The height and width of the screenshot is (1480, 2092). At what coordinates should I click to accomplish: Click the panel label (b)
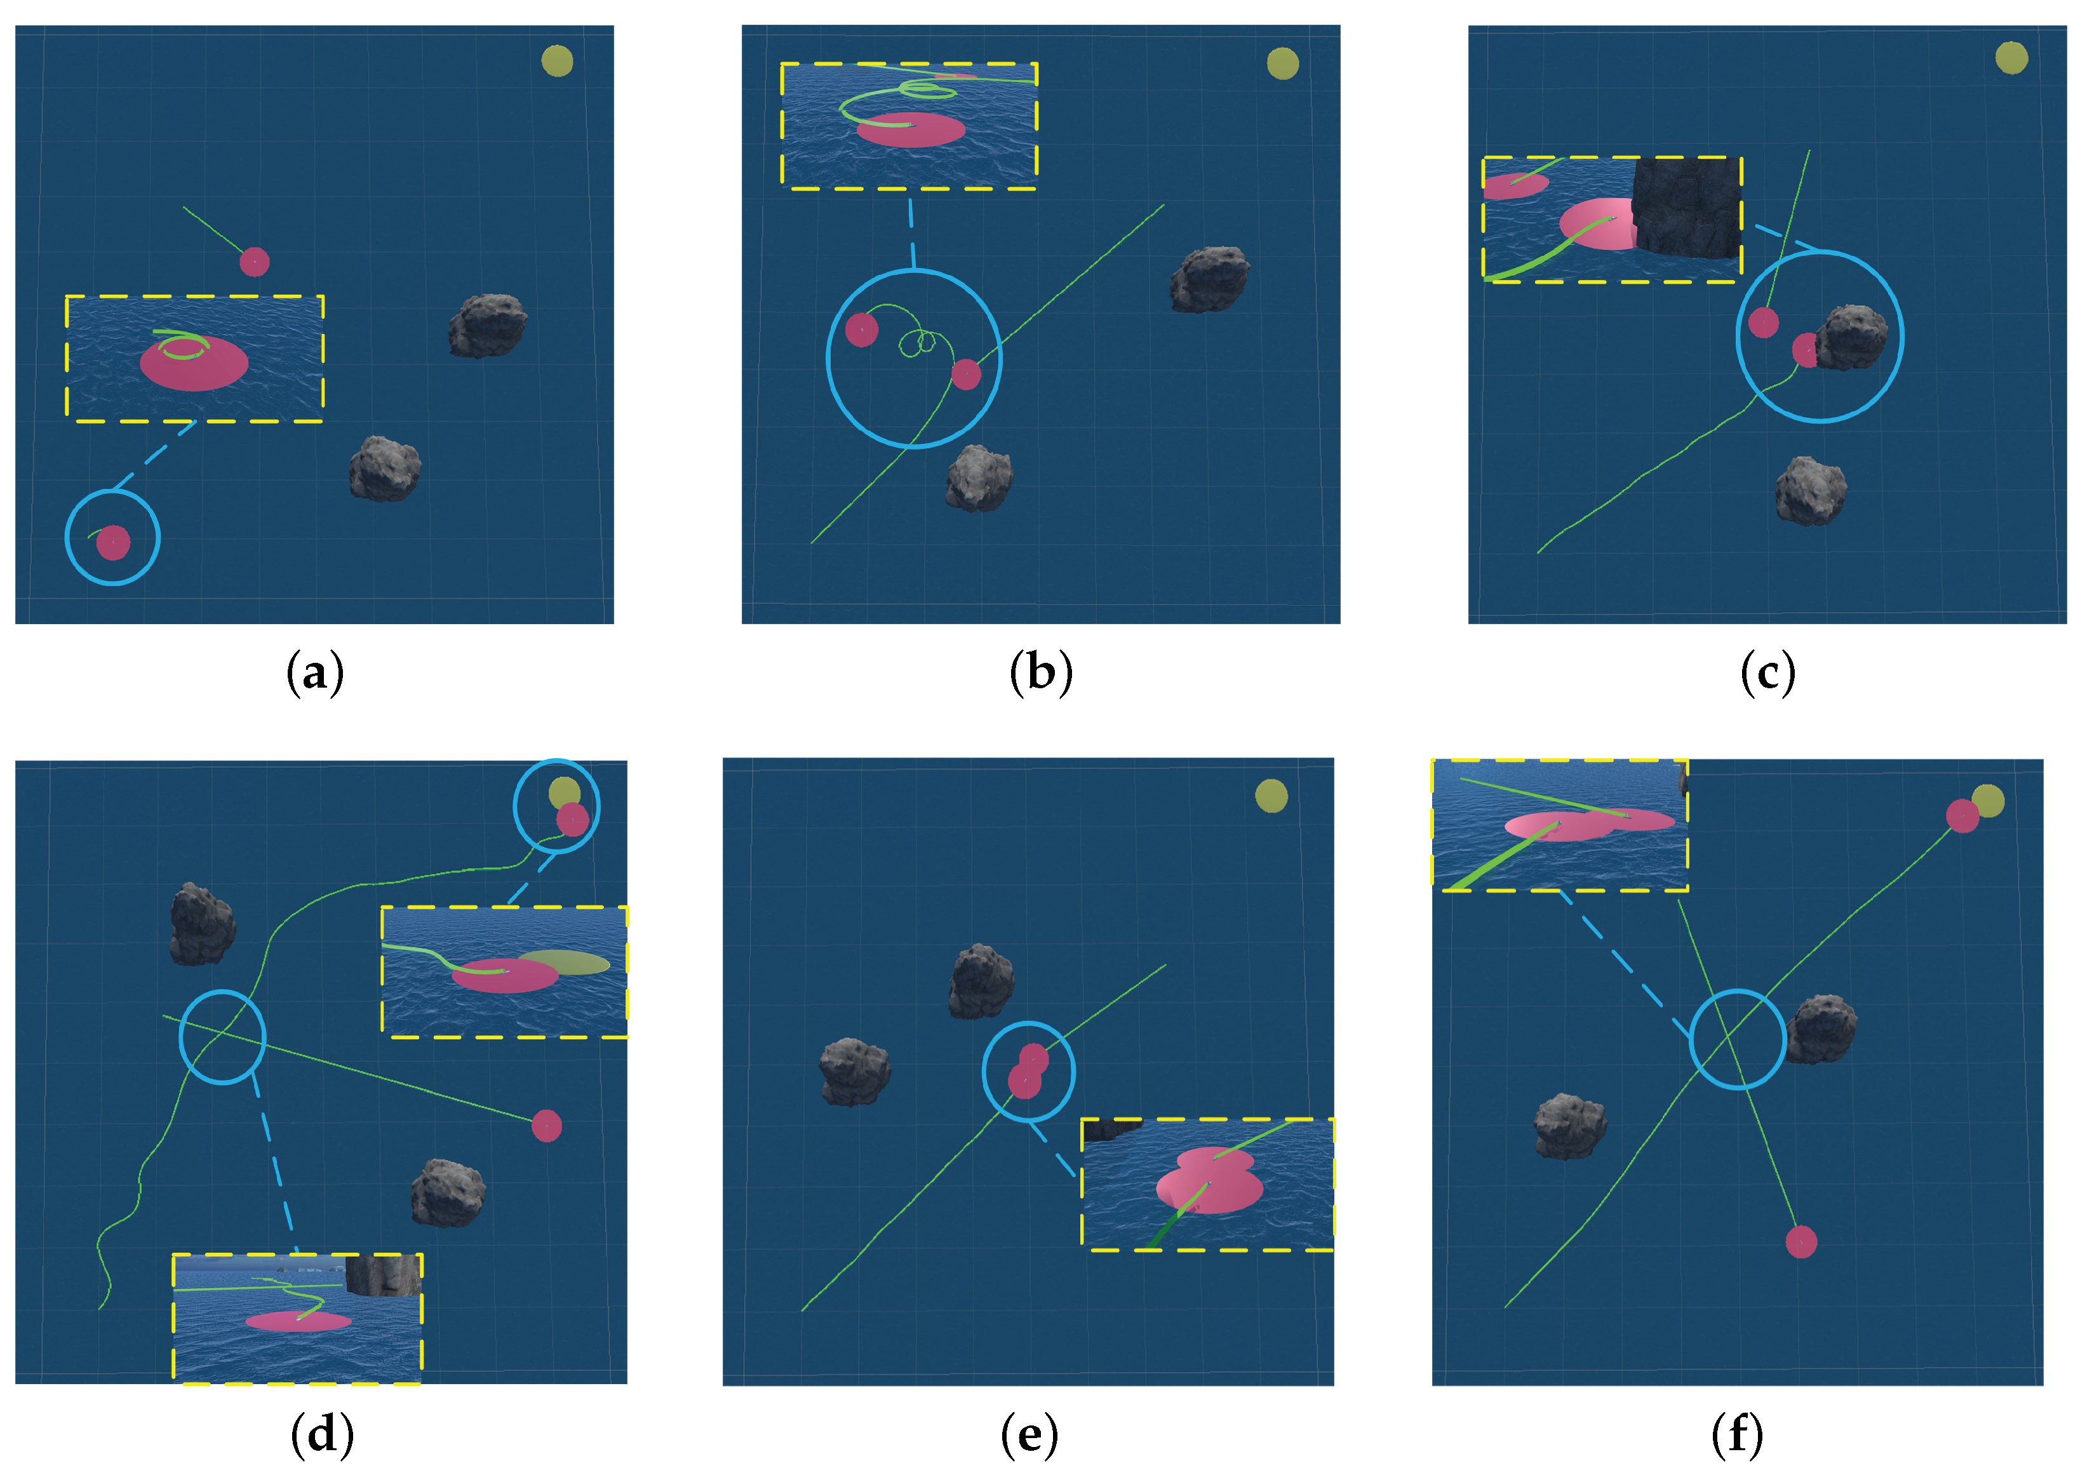[x=1041, y=674]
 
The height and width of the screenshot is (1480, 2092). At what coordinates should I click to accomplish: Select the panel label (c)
[x=1767, y=674]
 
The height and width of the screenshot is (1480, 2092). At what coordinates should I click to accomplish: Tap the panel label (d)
[x=322, y=1436]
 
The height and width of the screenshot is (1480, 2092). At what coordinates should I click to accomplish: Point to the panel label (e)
[x=1029, y=1436]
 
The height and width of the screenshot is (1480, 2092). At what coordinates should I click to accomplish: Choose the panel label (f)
[x=1738, y=1436]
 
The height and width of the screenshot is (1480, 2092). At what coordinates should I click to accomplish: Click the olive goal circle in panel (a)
[x=557, y=61]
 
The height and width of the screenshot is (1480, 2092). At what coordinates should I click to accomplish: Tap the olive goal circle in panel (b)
[x=1282, y=63]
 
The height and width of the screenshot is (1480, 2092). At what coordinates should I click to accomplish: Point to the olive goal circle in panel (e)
[x=1271, y=796]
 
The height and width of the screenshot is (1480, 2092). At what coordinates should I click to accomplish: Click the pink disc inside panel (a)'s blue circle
[x=113, y=542]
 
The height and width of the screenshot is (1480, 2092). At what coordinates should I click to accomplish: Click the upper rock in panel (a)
[x=486, y=325]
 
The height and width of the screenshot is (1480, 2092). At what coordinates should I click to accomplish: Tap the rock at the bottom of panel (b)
[x=979, y=477]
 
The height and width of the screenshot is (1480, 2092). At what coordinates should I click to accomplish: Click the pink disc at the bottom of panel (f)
[x=1801, y=1242]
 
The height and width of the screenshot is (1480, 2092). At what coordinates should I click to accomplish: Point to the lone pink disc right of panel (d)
[x=546, y=1126]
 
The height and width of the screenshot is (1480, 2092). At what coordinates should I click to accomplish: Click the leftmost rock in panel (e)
[x=854, y=1071]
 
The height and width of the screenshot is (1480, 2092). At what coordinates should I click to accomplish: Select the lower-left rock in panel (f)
[x=1570, y=1126]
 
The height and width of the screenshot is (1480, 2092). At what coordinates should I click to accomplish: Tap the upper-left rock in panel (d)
[x=203, y=923]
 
